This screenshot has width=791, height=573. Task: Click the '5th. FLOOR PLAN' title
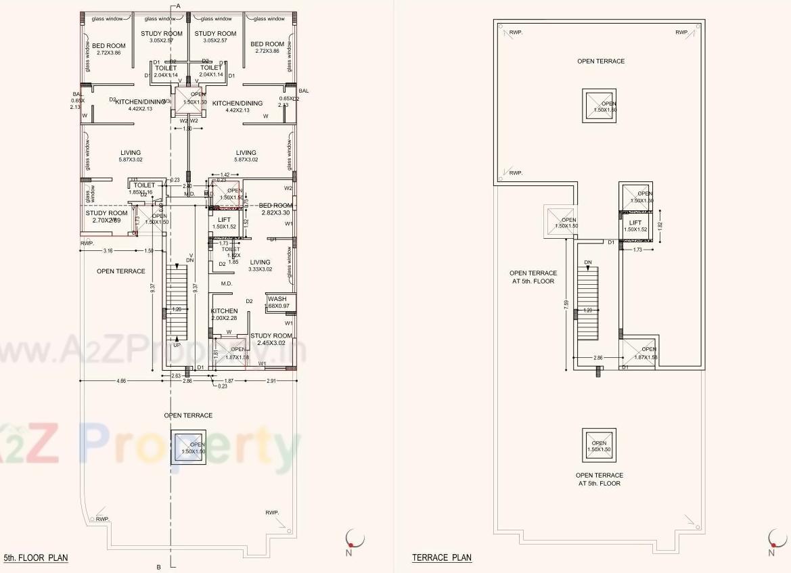(x=36, y=558)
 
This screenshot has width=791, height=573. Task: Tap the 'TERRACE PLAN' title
(x=442, y=557)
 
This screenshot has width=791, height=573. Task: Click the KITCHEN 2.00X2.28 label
(x=224, y=315)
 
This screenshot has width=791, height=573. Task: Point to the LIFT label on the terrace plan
(x=635, y=223)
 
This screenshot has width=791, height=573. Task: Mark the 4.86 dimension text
(x=121, y=382)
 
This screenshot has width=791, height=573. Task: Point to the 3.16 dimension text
(x=108, y=251)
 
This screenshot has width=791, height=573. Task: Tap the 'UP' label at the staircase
(x=176, y=345)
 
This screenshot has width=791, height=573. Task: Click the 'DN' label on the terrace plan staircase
(x=588, y=262)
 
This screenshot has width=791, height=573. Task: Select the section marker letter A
(x=178, y=5)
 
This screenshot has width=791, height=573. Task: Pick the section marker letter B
(x=158, y=567)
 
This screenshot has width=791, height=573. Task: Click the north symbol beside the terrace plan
(x=773, y=539)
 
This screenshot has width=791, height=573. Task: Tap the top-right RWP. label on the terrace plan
(x=681, y=32)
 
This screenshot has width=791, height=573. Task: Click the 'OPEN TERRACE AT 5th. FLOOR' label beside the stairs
(x=532, y=277)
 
